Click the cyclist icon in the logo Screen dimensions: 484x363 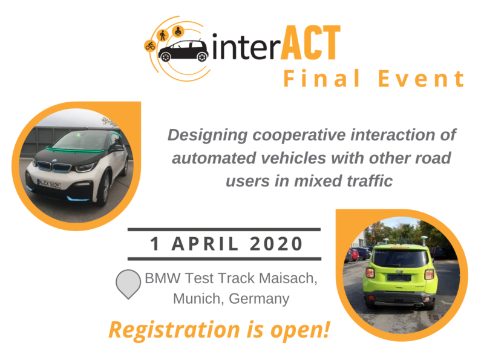(x=150, y=46)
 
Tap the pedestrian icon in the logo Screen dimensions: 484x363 (x=163, y=35)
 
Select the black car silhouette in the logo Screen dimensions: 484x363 (x=183, y=50)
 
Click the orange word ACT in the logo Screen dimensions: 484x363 (x=310, y=42)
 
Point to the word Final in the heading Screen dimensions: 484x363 (x=322, y=79)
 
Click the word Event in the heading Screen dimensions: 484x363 (x=421, y=79)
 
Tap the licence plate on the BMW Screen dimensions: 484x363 (x=49, y=184)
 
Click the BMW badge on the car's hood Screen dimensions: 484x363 (x=54, y=161)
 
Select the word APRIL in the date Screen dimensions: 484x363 (x=205, y=244)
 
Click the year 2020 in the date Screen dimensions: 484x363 (x=276, y=244)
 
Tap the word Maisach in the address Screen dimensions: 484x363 (x=288, y=278)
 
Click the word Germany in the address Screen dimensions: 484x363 (x=259, y=299)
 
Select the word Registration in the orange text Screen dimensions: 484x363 (x=174, y=330)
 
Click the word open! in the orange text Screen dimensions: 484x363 (x=300, y=331)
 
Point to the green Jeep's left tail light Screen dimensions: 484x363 (x=370, y=273)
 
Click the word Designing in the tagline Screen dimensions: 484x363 (x=208, y=135)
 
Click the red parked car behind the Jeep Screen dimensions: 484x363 (x=353, y=254)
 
